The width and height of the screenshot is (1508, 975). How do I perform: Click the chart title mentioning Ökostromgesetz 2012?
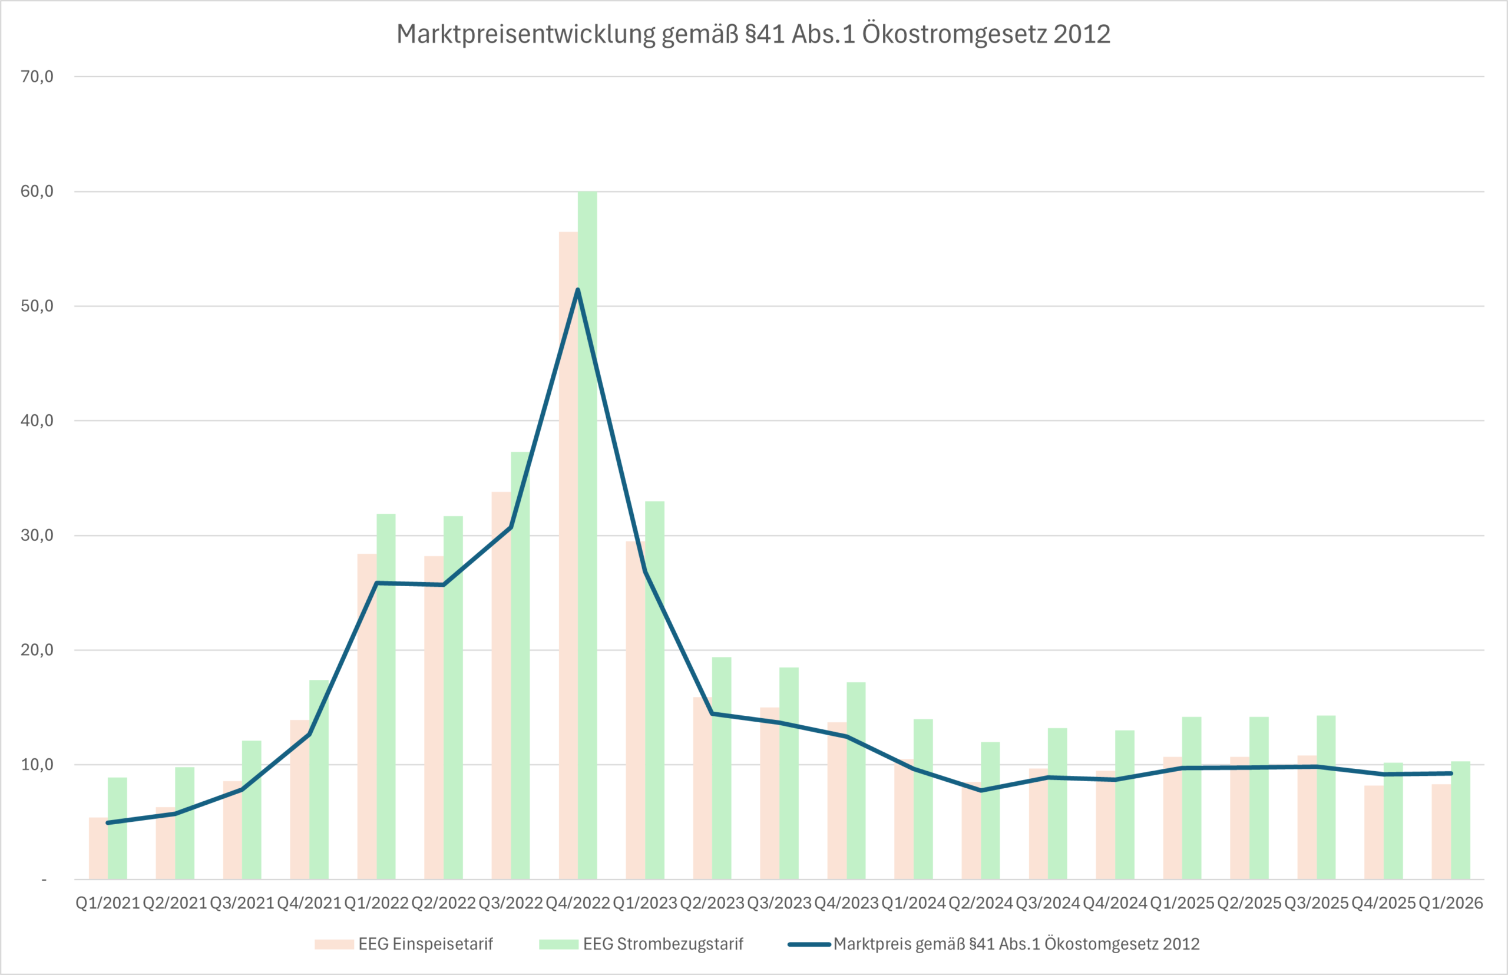click(753, 34)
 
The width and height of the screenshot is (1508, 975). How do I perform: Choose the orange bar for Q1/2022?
click(366, 715)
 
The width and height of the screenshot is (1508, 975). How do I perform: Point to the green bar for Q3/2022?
click(520, 665)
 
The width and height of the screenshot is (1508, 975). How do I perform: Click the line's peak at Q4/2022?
click(577, 290)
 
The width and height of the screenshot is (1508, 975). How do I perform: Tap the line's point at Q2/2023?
click(712, 713)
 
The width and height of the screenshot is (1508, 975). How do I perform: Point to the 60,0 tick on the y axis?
click(37, 191)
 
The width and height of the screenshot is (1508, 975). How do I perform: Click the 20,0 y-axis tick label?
click(37, 650)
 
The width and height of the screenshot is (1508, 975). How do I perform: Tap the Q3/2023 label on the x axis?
click(779, 903)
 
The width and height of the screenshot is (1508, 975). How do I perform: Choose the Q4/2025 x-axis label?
click(1383, 903)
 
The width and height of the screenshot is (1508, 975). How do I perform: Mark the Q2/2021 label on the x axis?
click(175, 903)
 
